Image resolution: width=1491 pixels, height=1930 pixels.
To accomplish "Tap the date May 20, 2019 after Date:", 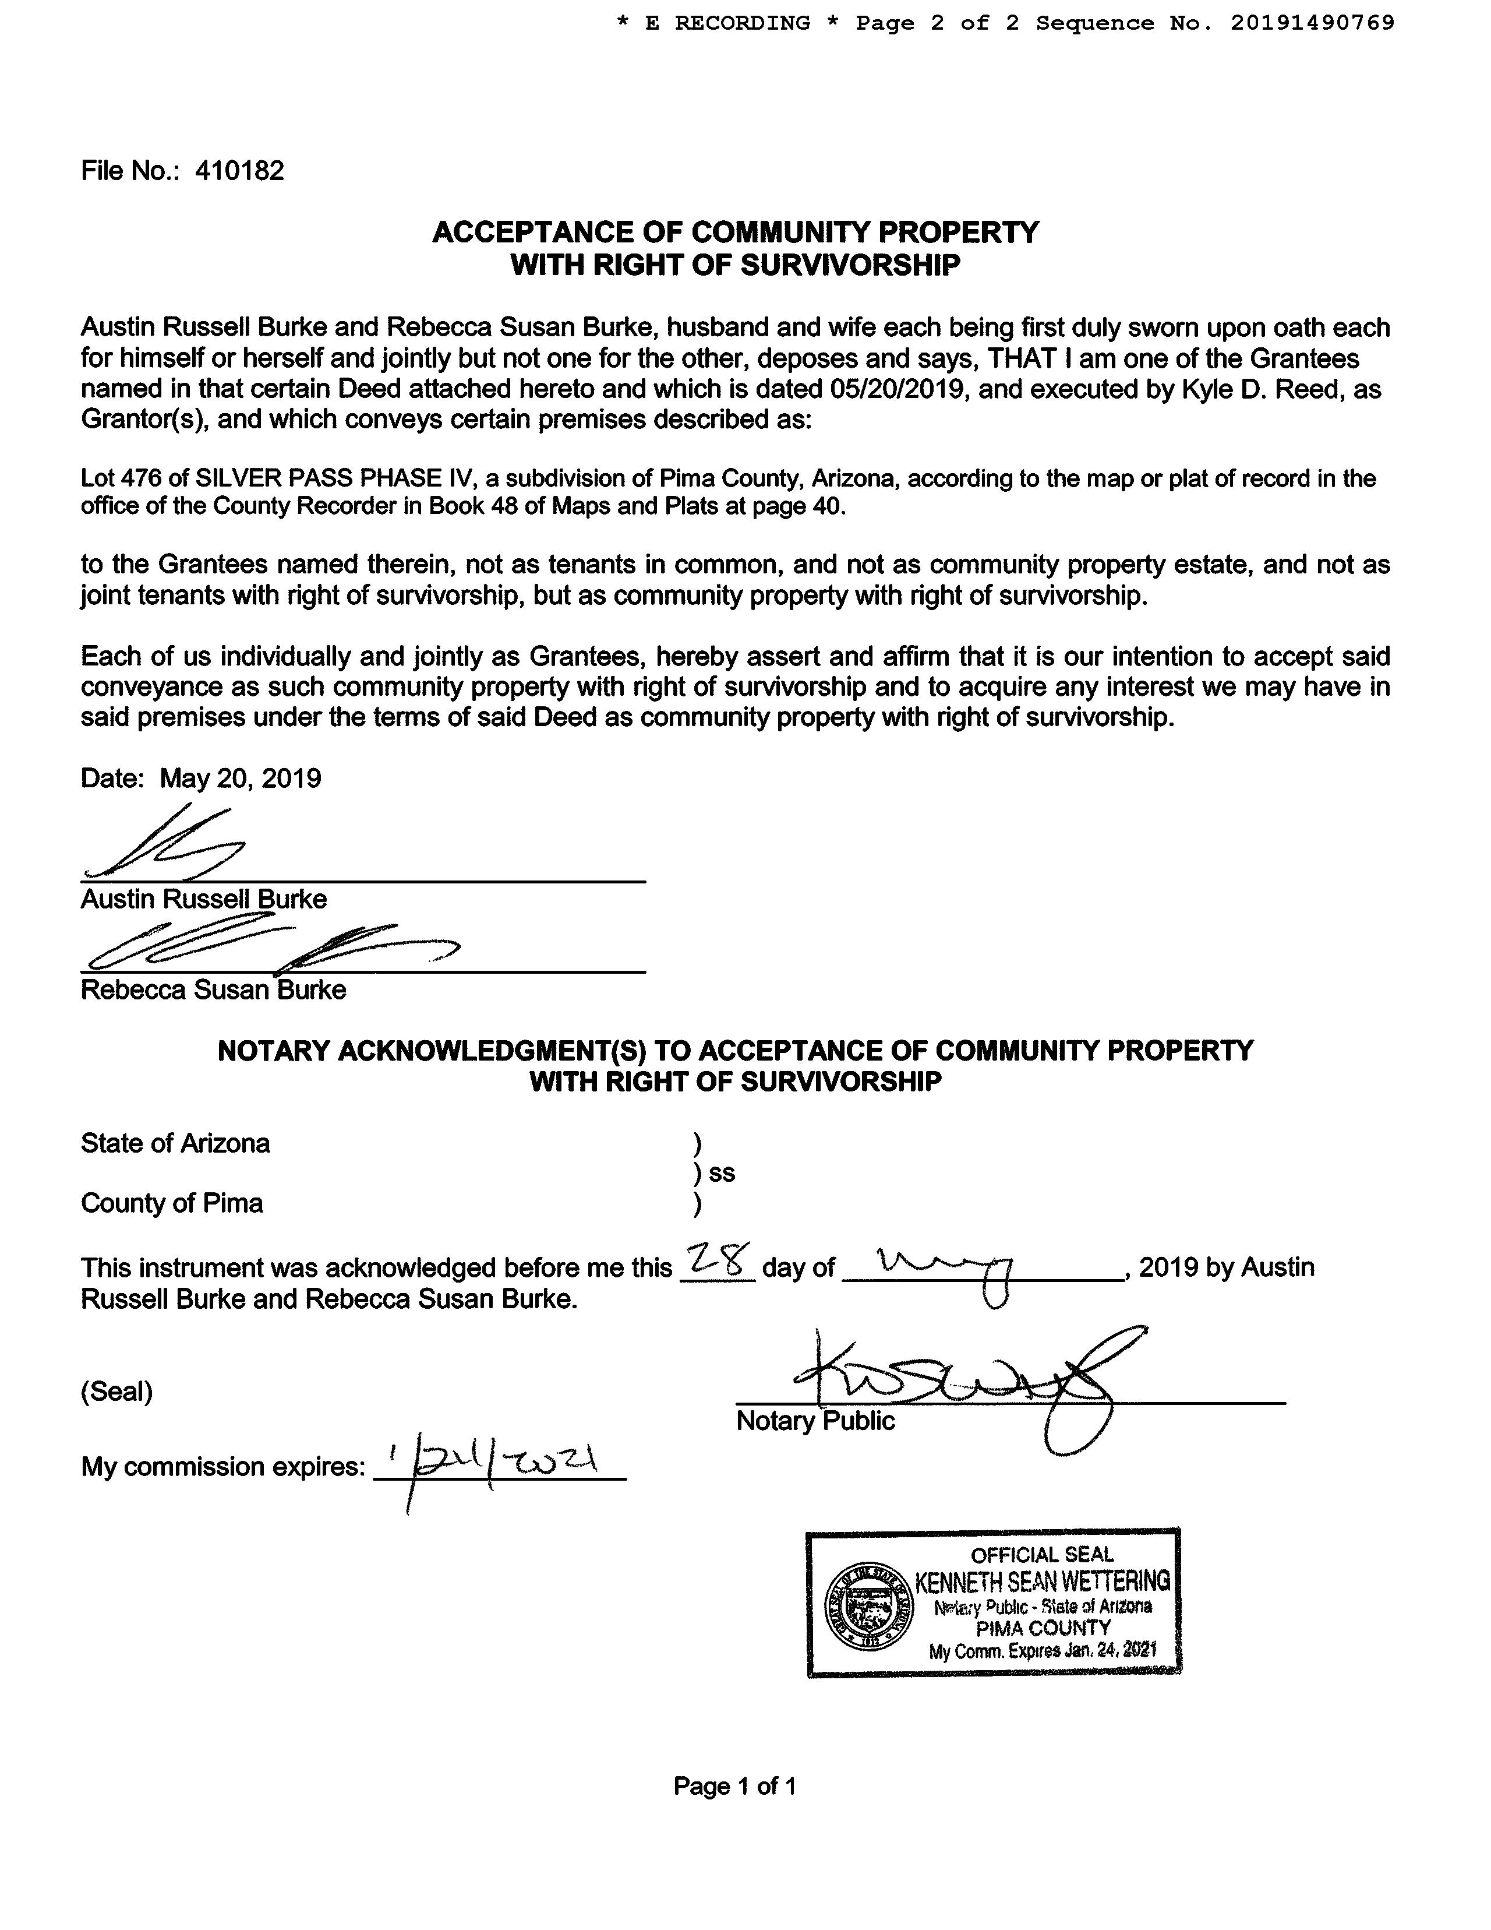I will pyautogui.click(x=241, y=779).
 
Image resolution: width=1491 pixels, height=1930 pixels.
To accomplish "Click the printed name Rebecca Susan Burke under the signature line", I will pyautogui.click(x=213, y=989).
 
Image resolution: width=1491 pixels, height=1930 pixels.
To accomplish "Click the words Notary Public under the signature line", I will pyautogui.click(x=815, y=1421).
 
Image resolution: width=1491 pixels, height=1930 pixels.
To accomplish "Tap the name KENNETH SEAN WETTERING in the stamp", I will pyautogui.click(x=1043, y=1580).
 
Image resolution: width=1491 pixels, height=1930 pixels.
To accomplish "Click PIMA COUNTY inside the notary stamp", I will pyautogui.click(x=1043, y=1628).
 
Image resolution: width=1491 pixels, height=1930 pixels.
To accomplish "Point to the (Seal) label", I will pyautogui.click(x=116, y=1392).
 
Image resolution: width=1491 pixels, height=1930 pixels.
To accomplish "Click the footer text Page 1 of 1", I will pyautogui.click(x=735, y=1786).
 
